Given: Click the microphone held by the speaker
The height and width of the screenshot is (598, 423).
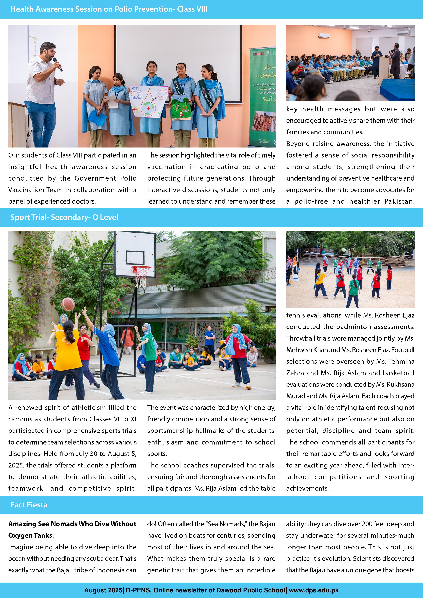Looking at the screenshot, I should pos(58,64).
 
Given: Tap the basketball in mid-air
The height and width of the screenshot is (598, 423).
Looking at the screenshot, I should pos(68,304).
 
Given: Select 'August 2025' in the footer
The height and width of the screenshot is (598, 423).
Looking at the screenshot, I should pos(103,590).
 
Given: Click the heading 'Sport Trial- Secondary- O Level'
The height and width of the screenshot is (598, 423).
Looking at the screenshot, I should pos(64,217).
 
